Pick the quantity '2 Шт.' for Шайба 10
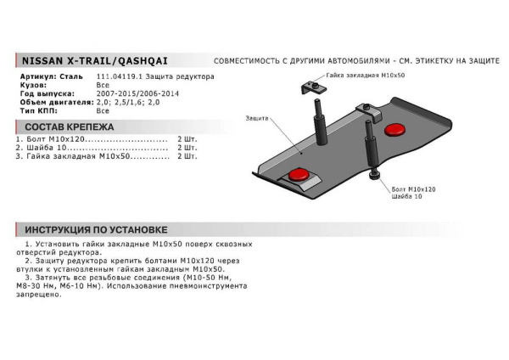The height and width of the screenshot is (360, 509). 187,147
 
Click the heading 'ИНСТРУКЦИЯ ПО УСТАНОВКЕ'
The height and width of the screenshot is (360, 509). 96,229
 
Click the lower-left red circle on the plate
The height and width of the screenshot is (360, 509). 298,175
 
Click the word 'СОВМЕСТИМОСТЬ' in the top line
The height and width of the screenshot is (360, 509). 249,62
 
